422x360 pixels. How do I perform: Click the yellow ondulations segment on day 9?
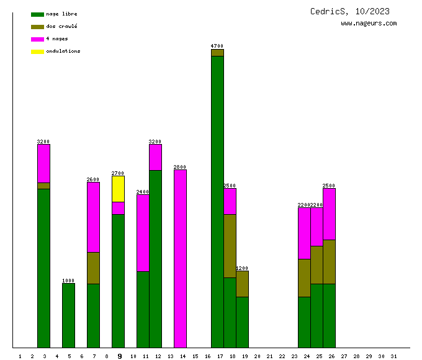point(118,189)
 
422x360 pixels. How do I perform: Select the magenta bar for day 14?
point(180,258)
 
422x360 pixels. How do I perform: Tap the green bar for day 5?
point(68,315)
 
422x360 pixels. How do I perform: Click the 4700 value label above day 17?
point(217,46)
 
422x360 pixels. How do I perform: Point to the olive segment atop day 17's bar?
point(217,53)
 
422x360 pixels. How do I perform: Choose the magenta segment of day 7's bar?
point(93,217)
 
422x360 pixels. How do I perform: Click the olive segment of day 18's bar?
point(230,246)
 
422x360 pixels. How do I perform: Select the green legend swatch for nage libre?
point(37,14)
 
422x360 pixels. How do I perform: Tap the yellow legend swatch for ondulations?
point(37,52)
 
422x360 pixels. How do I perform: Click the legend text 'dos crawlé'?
point(61,27)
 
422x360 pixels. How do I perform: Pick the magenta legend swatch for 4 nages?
point(37,39)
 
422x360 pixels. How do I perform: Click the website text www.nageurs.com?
point(369,24)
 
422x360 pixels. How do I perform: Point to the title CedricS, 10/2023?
point(350,11)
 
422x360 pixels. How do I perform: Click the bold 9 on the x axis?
point(119,356)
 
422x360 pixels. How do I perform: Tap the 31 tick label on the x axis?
point(393,356)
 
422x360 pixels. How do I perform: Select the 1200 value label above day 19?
point(242,268)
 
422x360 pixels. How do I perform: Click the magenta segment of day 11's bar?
point(143,233)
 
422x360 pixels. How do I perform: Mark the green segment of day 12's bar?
point(155,258)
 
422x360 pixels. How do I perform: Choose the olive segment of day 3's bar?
point(43,186)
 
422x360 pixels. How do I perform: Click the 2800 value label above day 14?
point(180,167)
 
